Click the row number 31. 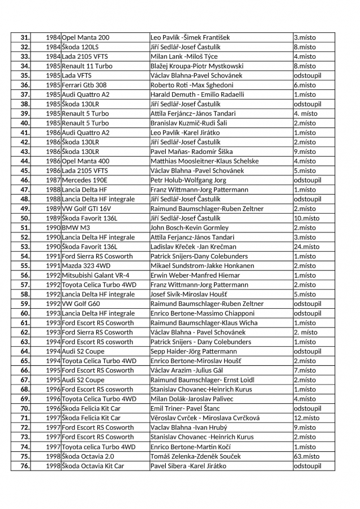[24, 37]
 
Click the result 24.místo [306, 247]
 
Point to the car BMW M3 [76, 227]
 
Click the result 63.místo [306, 456]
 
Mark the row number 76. [24, 465]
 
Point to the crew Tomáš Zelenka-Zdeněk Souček [195, 456]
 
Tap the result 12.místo [306, 418]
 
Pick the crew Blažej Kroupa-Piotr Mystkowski [196, 66]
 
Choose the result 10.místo [306, 218]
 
